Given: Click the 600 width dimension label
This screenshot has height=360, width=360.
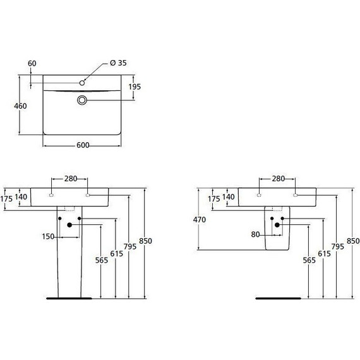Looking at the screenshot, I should point(82,145).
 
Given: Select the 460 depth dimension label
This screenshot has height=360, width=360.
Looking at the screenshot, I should point(20,106).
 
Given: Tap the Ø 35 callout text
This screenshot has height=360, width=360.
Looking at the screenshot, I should point(119,63).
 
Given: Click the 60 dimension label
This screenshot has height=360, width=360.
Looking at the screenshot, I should point(33,63).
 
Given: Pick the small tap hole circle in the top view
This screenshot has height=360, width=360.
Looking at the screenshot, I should point(82,83).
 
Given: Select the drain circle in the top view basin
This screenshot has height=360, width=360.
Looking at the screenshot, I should point(82,100).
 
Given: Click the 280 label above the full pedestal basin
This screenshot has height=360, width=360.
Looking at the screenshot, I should point(71,179).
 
